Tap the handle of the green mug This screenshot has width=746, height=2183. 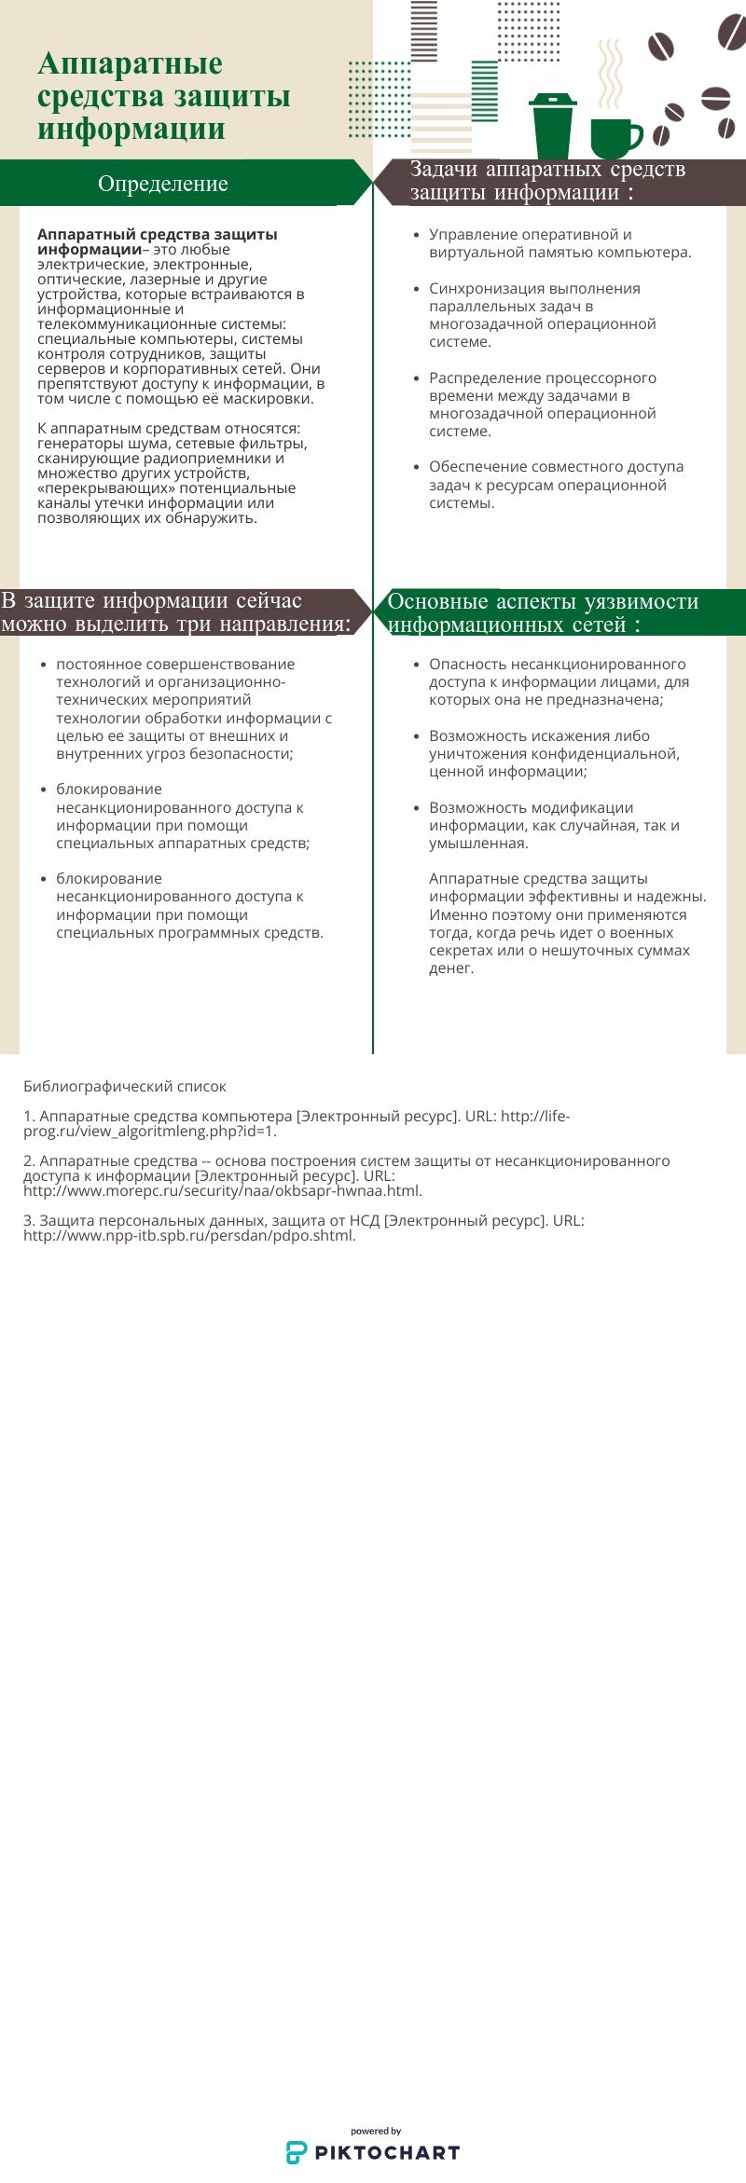[635, 137]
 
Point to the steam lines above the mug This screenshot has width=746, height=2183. [610, 75]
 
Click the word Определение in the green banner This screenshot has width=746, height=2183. [163, 184]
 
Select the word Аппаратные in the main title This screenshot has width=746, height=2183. [130, 63]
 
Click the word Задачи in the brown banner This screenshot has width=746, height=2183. [444, 170]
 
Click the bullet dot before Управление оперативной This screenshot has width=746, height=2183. [416, 235]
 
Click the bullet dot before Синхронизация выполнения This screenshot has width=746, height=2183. [416, 289]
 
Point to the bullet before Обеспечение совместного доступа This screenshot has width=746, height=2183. [416, 467]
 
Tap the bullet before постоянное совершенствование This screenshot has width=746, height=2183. [43, 665]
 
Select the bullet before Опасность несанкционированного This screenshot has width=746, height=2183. [416, 665]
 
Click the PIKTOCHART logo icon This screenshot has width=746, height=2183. [297, 2152]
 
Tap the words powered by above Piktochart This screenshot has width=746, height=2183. [376, 2131]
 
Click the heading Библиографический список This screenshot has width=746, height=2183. [125, 1087]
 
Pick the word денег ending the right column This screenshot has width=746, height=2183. [450, 968]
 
